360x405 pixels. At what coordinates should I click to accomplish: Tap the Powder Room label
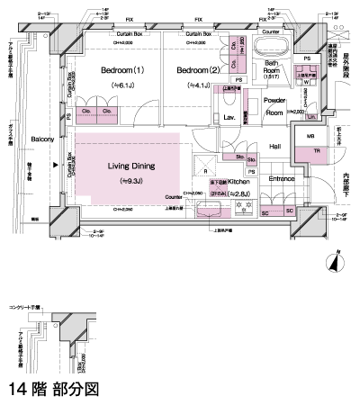[x=274, y=106]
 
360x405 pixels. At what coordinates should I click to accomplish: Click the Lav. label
[x=229, y=118]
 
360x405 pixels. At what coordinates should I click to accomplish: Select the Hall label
[x=275, y=146]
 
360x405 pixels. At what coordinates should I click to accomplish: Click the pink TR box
[x=316, y=152]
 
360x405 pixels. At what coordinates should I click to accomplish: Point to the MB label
[x=310, y=137]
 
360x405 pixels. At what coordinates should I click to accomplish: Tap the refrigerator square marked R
[x=206, y=170]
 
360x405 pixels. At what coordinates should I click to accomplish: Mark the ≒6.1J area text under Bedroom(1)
[x=123, y=85]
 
